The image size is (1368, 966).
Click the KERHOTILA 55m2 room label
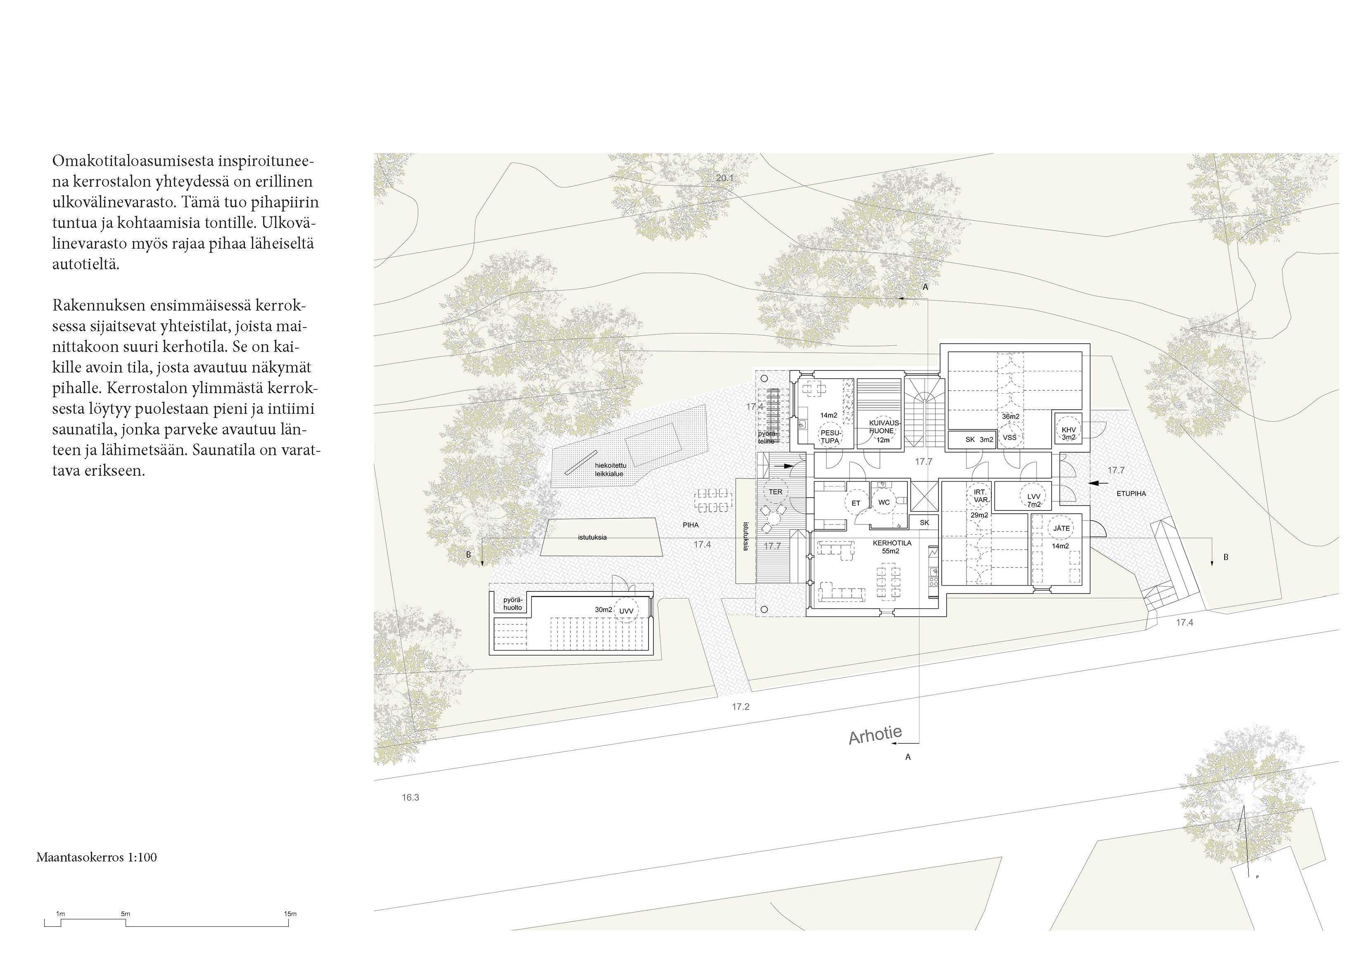pyautogui.click(x=892, y=547)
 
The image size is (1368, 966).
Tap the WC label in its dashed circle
pyautogui.click(x=884, y=502)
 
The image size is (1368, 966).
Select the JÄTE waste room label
pyautogui.click(x=1061, y=529)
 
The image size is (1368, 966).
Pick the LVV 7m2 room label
pyautogui.click(x=1034, y=500)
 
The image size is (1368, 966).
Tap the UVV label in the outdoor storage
pyautogui.click(x=626, y=611)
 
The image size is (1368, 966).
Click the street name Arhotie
pyautogui.click(x=875, y=736)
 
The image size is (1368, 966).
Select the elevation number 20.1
pyautogui.click(x=725, y=178)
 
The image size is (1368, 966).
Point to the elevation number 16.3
pyautogui.click(x=411, y=797)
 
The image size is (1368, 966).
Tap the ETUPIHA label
pyautogui.click(x=1131, y=494)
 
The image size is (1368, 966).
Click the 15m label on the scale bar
pyautogui.click(x=290, y=914)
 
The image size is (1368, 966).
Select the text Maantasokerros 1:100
pyautogui.click(x=97, y=857)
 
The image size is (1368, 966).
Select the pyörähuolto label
pyautogui.click(x=513, y=604)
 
